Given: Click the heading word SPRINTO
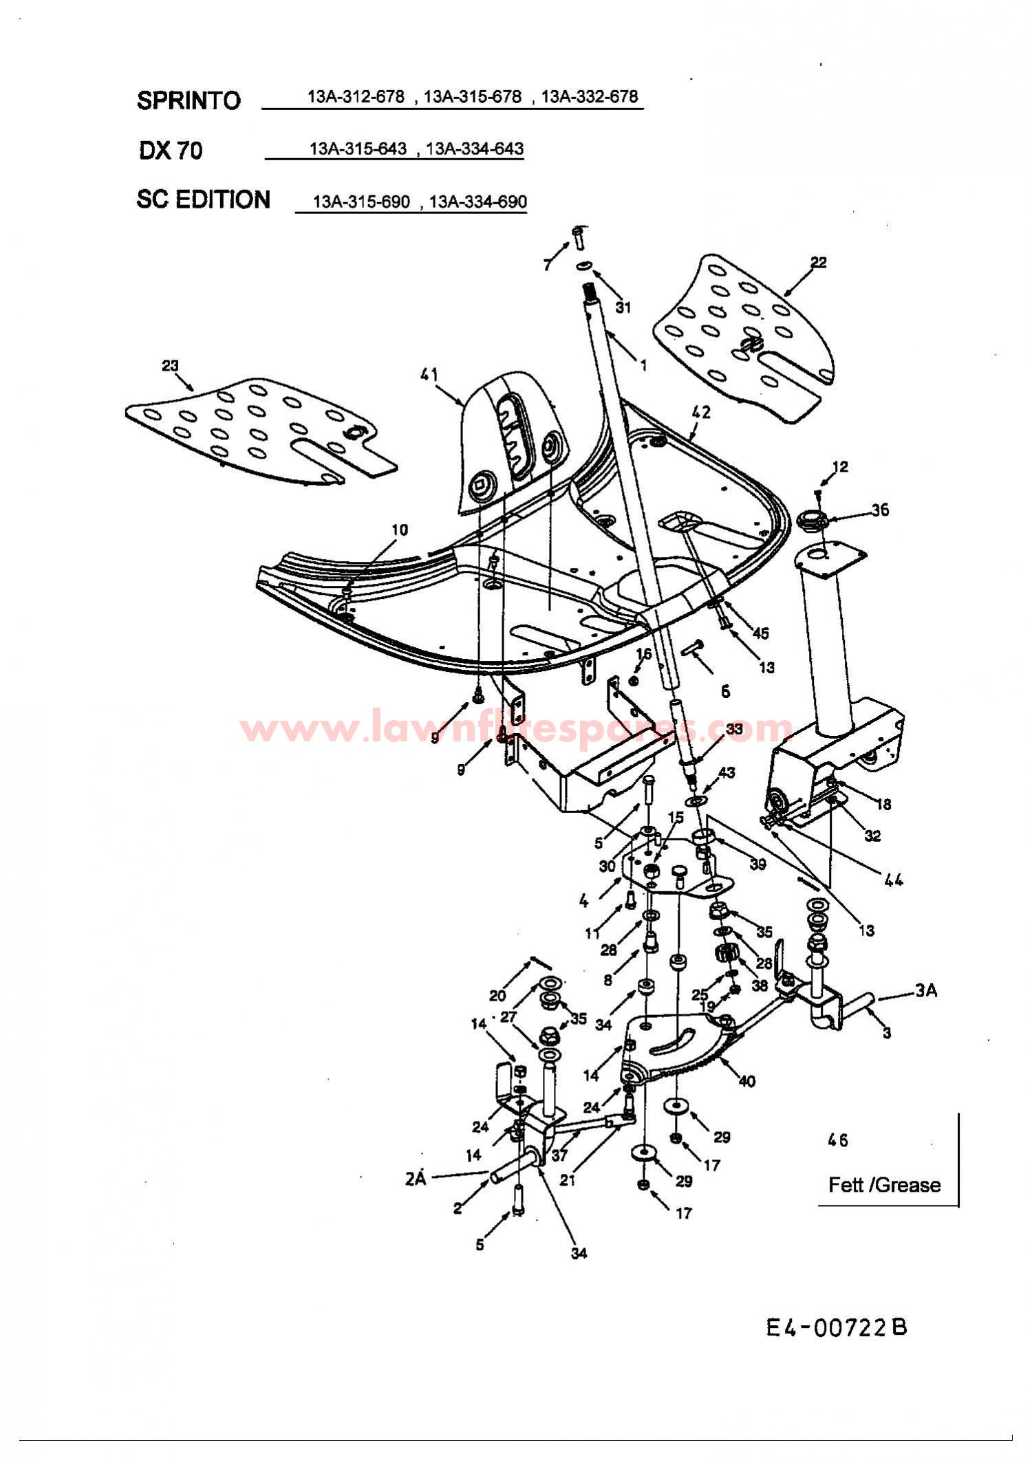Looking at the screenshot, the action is coord(189,100).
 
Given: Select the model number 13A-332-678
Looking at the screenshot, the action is coord(590,96).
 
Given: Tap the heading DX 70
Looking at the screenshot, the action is coord(171,151).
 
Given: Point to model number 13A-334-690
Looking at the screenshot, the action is coord(478,201).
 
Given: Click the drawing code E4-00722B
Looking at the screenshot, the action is coord(837,1328).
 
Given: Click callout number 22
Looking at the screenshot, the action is coord(818,262).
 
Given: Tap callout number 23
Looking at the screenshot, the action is coord(170,366).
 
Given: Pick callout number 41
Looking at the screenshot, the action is coord(429,375).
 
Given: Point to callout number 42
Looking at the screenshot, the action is coord(701,413).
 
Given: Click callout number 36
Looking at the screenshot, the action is coord(880,510).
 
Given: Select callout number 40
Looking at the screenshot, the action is coord(746,1082).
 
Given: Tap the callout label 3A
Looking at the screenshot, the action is coord(926,991).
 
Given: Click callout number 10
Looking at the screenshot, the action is coord(400,530).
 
